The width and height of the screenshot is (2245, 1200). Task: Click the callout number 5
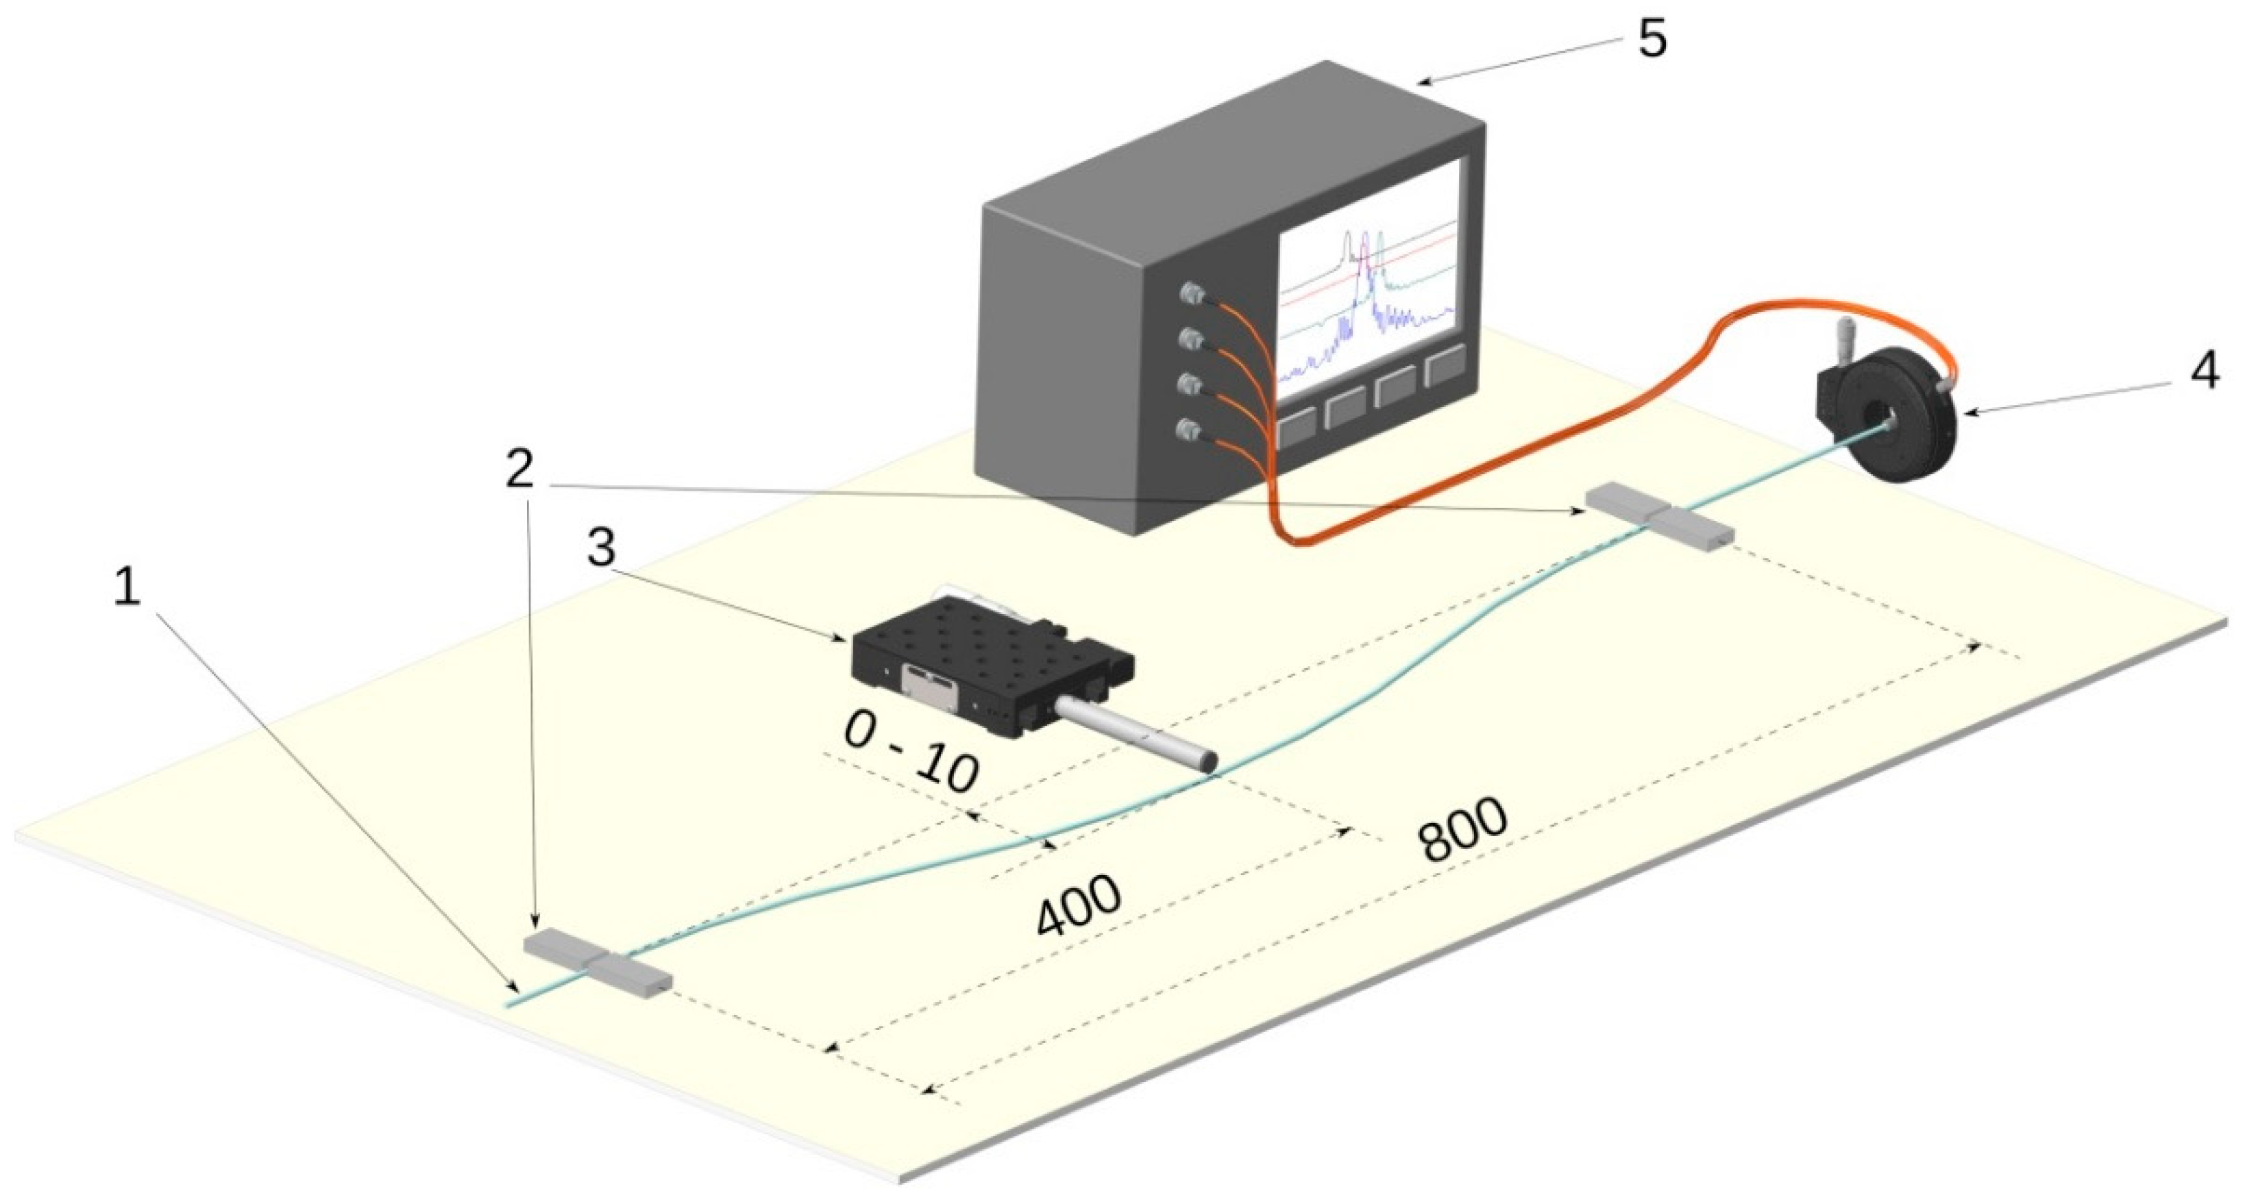[x=1652, y=40]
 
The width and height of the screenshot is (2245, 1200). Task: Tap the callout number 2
[x=520, y=471]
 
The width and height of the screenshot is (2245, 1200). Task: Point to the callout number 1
[x=127, y=587]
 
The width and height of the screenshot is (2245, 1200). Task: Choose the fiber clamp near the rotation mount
[x=1658, y=517]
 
